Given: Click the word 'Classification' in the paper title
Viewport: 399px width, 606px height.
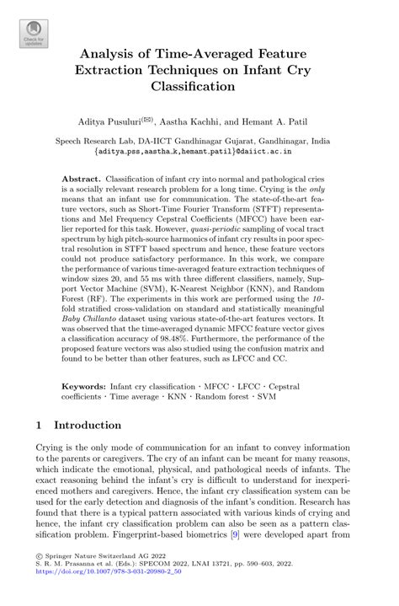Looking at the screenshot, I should coord(199,86).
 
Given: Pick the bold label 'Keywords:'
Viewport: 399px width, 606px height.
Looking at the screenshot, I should coord(84,385).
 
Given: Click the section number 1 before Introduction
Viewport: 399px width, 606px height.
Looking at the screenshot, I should coord(40,426).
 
